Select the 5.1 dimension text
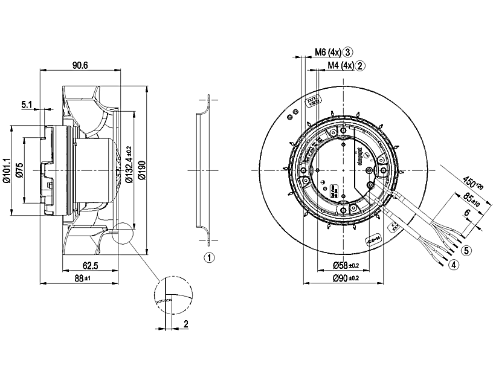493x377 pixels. pyautogui.click(x=28, y=105)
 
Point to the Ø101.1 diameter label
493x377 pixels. pyautogui.click(x=7, y=170)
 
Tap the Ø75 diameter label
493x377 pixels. pyautogui.click(x=19, y=171)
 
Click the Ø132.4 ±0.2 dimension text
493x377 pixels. pyautogui.click(x=128, y=164)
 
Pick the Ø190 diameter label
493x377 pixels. pyautogui.click(x=141, y=171)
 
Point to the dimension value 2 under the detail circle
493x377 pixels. pyautogui.click(x=186, y=324)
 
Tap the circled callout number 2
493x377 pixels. pyautogui.click(x=360, y=65)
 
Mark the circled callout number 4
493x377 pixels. pyautogui.click(x=453, y=264)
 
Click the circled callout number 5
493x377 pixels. pyautogui.click(x=465, y=250)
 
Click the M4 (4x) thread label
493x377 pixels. pyautogui.click(x=340, y=65)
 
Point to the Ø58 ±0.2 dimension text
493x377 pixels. pyautogui.click(x=346, y=265)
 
